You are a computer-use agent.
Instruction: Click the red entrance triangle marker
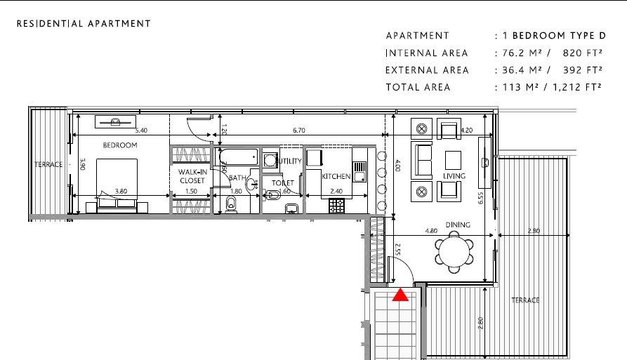(400, 295)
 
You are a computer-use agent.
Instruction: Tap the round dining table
(454, 252)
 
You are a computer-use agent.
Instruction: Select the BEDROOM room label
(120, 145)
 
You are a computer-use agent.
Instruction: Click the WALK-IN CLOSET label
(192, 176)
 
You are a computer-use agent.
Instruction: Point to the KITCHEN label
(336, 176)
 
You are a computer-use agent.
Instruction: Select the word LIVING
(455, 176)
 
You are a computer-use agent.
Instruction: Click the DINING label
(457, 225)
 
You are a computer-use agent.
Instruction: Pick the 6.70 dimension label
(299, 130)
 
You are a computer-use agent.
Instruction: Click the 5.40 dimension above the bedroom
(140, 130)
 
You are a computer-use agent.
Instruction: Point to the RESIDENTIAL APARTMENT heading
(84, 23)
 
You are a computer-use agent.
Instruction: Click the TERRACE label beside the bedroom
(48, 165)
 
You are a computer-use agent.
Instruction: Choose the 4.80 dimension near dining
(432, 230)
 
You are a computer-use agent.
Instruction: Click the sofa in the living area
(424, 160)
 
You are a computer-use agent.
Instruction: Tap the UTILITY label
(291, 161)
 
